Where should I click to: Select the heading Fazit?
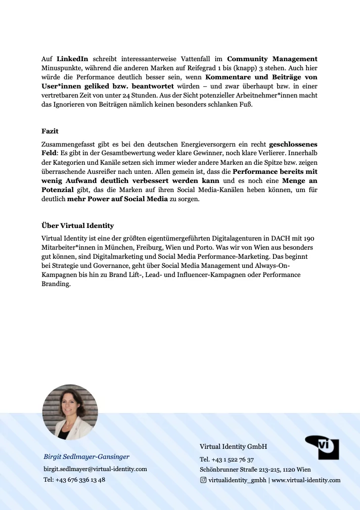click(50, 131)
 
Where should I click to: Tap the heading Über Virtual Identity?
click(77, 225)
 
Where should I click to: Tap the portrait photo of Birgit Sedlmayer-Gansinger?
click(70, 412)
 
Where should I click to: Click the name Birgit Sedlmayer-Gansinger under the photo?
click(86, 456)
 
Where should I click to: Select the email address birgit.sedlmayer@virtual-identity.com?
click(95, 469)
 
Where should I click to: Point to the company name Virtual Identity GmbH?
click(233, 447)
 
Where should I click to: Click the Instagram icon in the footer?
click(203, 480)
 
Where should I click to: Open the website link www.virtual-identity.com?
click(306, 480)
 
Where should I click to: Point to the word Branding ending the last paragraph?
click(56, 284)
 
